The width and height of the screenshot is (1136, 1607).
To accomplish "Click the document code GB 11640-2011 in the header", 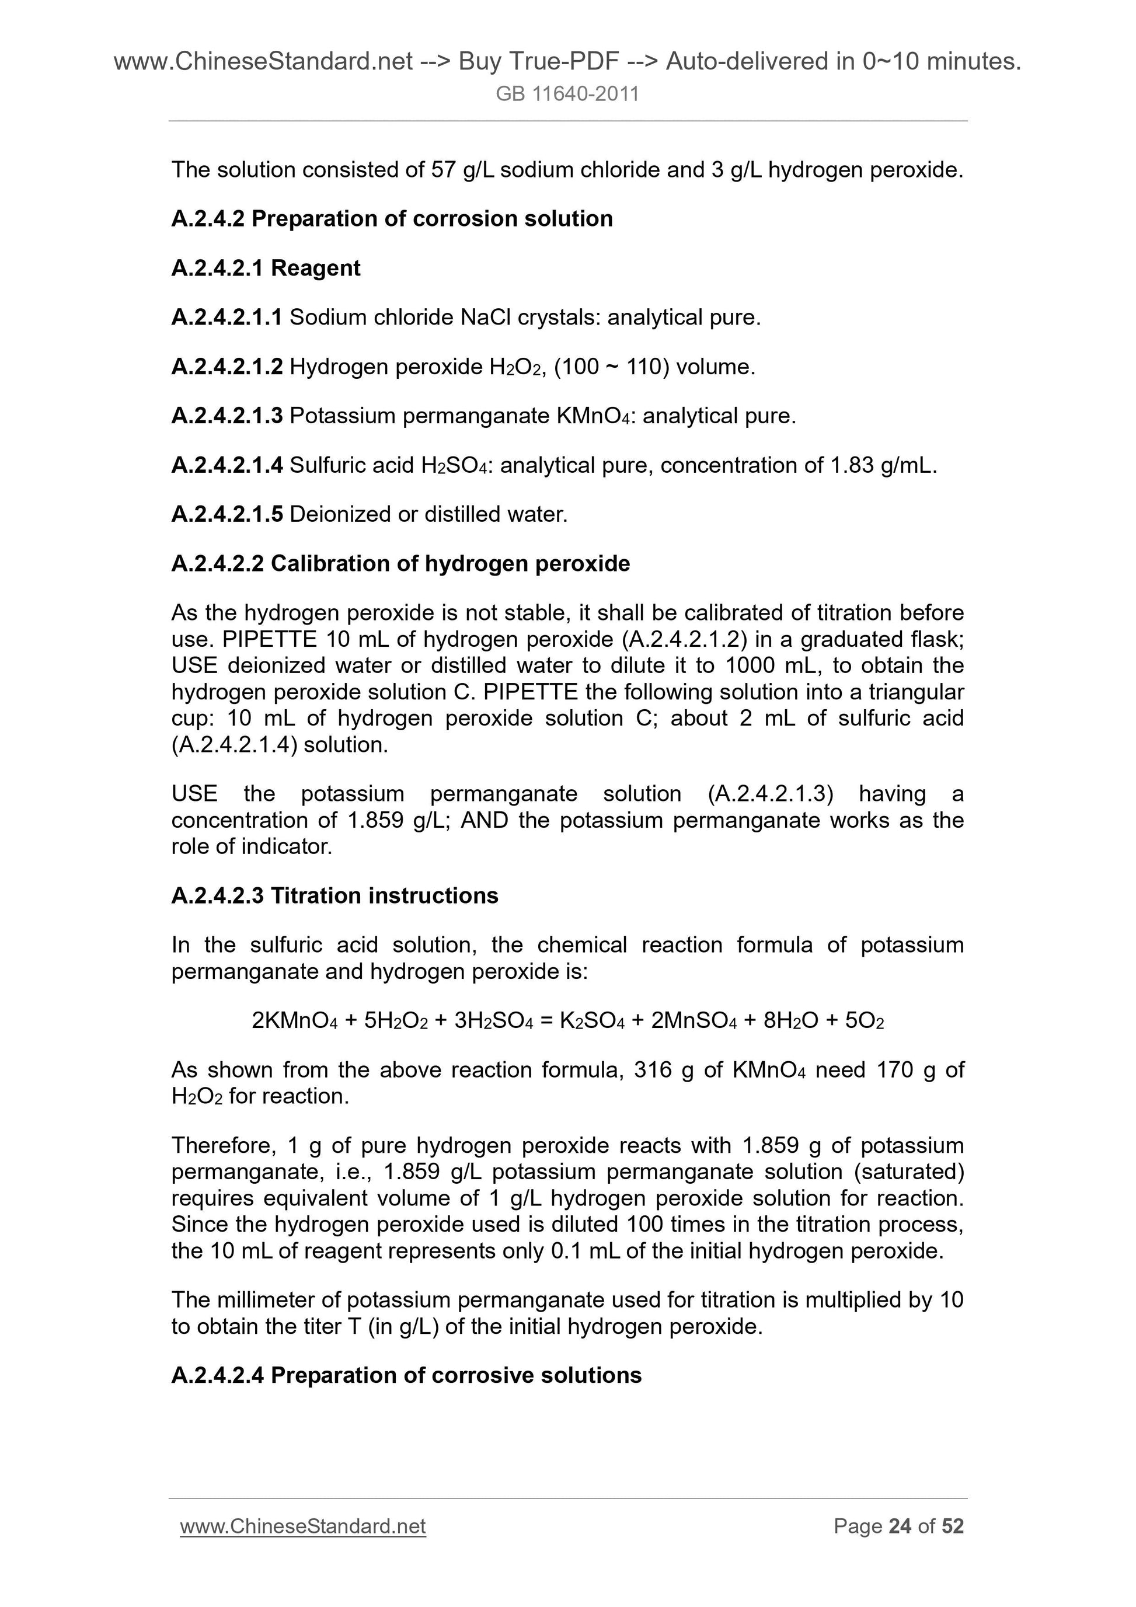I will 567,94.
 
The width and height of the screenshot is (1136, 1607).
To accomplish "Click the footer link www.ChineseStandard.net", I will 302,1526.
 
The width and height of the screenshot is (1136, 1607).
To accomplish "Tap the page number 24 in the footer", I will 900,1526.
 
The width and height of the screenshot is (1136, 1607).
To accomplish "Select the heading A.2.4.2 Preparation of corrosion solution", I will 392,219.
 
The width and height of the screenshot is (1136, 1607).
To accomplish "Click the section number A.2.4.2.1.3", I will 226,416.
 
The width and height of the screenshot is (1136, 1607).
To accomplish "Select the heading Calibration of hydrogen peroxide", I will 450,564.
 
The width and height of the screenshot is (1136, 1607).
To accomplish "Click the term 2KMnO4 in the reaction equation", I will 294,1022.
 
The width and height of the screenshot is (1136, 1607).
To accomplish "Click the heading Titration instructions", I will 384,896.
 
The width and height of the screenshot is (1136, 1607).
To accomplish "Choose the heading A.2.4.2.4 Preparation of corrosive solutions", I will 406,1376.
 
